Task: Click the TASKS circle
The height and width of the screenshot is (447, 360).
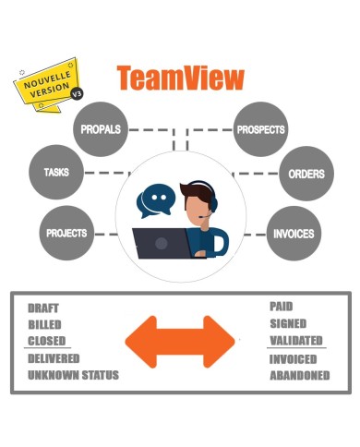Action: coord(55,172)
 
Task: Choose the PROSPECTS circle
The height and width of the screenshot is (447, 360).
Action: coord(260,130)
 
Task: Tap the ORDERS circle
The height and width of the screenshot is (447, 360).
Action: coord(305,173)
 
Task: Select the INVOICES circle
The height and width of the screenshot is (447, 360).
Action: coord(293,233)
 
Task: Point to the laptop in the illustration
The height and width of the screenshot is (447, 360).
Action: coord(162,242)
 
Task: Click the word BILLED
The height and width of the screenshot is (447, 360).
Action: coord(46,325)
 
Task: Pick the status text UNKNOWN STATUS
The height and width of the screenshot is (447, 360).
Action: coord(73,376)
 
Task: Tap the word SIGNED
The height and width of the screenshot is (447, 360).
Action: coord(288,324)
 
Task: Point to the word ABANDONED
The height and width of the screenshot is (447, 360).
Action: coord(300,376)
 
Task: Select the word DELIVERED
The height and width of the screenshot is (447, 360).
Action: coord(54,358)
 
